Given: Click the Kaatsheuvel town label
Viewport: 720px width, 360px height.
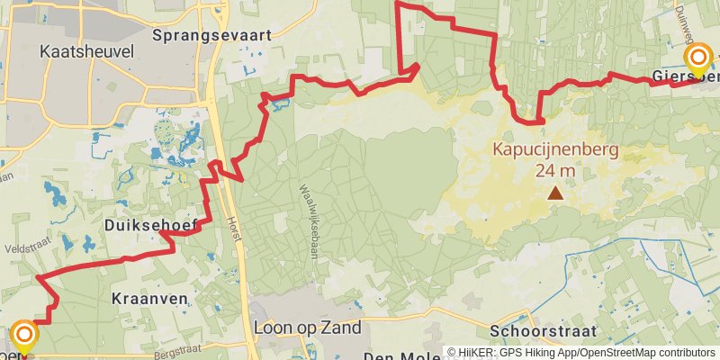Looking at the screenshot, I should [x=80, y=52].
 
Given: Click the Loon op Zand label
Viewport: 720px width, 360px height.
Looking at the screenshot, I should [x=308, y=328].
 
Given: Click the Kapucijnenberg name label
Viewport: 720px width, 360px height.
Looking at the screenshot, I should [x=555, y=150].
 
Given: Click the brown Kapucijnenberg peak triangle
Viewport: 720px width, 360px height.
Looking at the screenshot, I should [x=556, y=192].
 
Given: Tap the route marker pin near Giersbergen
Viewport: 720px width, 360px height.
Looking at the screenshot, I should [x=698, y=61].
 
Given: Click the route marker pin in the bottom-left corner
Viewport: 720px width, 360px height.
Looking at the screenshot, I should [x=23, y=338].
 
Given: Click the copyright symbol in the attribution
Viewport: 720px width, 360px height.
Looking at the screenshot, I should [x=452, y=353].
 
